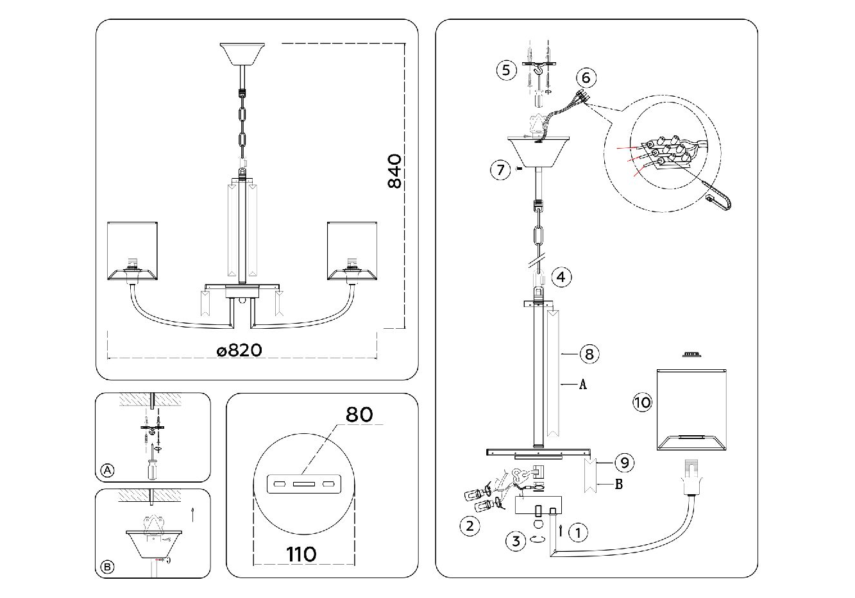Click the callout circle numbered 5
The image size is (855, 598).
tap(506, 69)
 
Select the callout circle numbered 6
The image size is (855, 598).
tap(586, 78)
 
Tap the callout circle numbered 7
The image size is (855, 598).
tap(500, 170)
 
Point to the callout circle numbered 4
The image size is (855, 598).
tap(561, 277)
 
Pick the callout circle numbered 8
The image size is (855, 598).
tap(589, 353)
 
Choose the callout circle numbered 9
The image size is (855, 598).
tap(623, 461)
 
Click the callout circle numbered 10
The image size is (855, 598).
tap(642, 403)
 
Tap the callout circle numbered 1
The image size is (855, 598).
tap(578, 531)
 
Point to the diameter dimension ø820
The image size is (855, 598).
tap(239, 350)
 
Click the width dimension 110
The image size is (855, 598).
tap(301, 553)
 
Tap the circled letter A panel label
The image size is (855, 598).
tap(108, 470)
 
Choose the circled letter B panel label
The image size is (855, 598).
tap(108, 567)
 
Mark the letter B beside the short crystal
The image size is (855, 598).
tap(618, 485)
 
